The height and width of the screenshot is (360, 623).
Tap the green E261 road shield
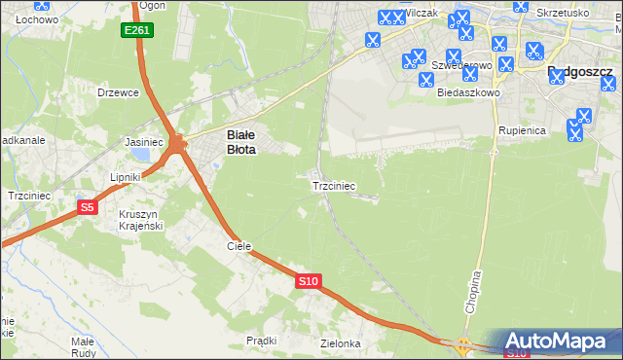pyautogui.click(x=137, y=31)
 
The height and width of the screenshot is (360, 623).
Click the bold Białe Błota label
pyautogui.click(x=240, y=143)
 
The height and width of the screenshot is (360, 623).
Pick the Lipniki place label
pyautogui.click(x=126, y=177)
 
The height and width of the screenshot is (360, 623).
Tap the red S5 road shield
pyautogui.click(x=88, y=207)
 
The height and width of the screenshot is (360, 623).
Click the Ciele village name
pyautogui.click(x=239, y=247)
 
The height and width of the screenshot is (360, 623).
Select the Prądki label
pyautogui.click(x=262, y=341)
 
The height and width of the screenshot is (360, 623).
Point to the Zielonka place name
pyautogui.click(x=341, y=344)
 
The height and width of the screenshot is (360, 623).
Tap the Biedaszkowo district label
pyautogui.click(x=468, y=92)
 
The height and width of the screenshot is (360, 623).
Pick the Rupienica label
pyautogui.click(x=522, y=129)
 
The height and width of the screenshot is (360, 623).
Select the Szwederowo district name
pyautogui.click(x=460, y=66)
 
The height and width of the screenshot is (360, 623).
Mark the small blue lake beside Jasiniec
pyautogui.click(x=142, y=154)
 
